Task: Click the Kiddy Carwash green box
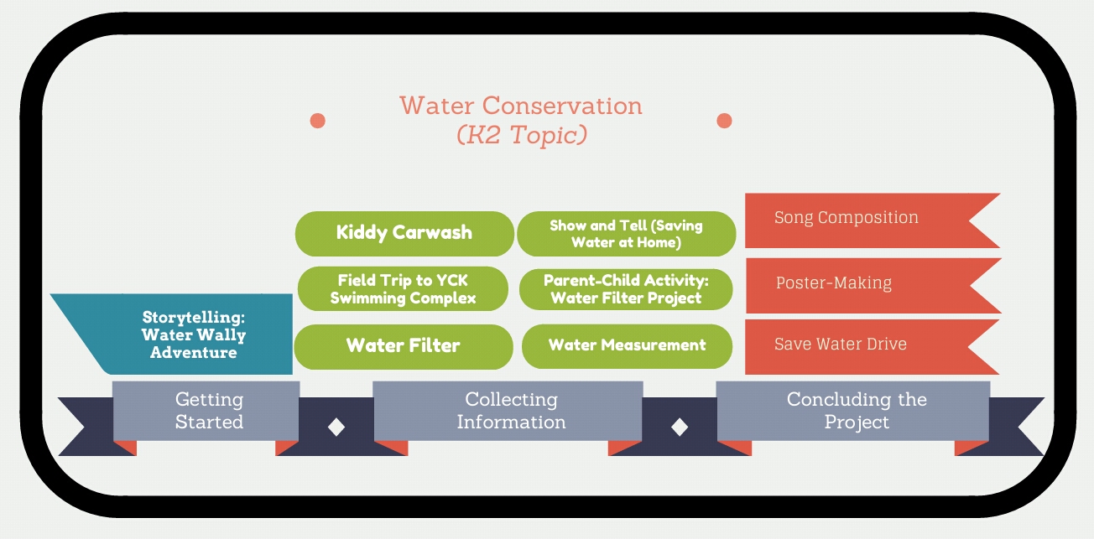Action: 404,233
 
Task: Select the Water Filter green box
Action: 403,345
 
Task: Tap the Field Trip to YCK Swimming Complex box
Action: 403,289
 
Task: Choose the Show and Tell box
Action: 626,234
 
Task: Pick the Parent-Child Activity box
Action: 626,289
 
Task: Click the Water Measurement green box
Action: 627,345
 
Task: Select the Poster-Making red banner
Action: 847,284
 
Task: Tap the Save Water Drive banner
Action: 847,345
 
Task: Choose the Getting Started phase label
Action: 208,411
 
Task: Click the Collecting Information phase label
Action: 510,411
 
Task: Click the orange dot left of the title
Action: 317,121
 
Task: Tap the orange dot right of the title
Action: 724,121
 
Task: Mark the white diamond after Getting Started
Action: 336,427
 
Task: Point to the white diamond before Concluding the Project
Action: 680,427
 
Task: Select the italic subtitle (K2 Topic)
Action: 520,135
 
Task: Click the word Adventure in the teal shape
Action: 193,353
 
